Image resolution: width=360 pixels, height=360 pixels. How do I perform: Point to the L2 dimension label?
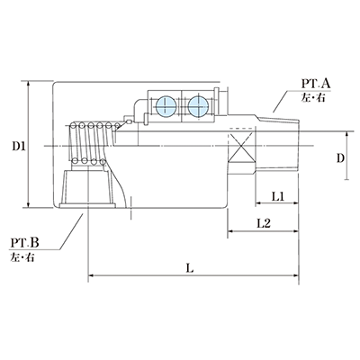[x=262, y=222]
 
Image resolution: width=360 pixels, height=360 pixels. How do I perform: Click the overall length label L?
[x=188, y=267]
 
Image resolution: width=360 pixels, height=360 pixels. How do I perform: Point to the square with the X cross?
[x=240, y=144]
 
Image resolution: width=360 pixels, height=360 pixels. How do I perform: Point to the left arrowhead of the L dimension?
[x=91, y=274]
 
